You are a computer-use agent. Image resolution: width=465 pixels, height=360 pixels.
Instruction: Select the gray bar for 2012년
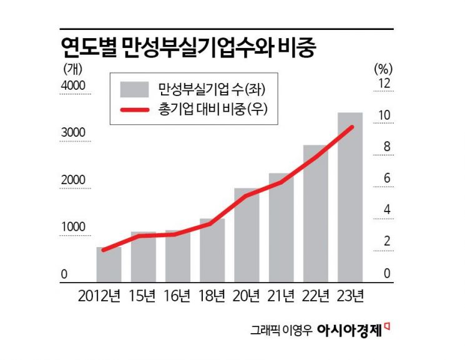109,265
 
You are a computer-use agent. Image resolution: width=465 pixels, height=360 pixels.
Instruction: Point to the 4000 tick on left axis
73,85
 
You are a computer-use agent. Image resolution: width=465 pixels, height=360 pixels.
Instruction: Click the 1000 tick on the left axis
73,227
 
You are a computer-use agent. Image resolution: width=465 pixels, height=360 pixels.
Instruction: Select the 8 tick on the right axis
387,147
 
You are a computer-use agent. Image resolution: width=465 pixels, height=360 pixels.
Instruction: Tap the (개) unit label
71,67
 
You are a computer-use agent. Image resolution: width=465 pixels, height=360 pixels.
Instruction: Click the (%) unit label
382,67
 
